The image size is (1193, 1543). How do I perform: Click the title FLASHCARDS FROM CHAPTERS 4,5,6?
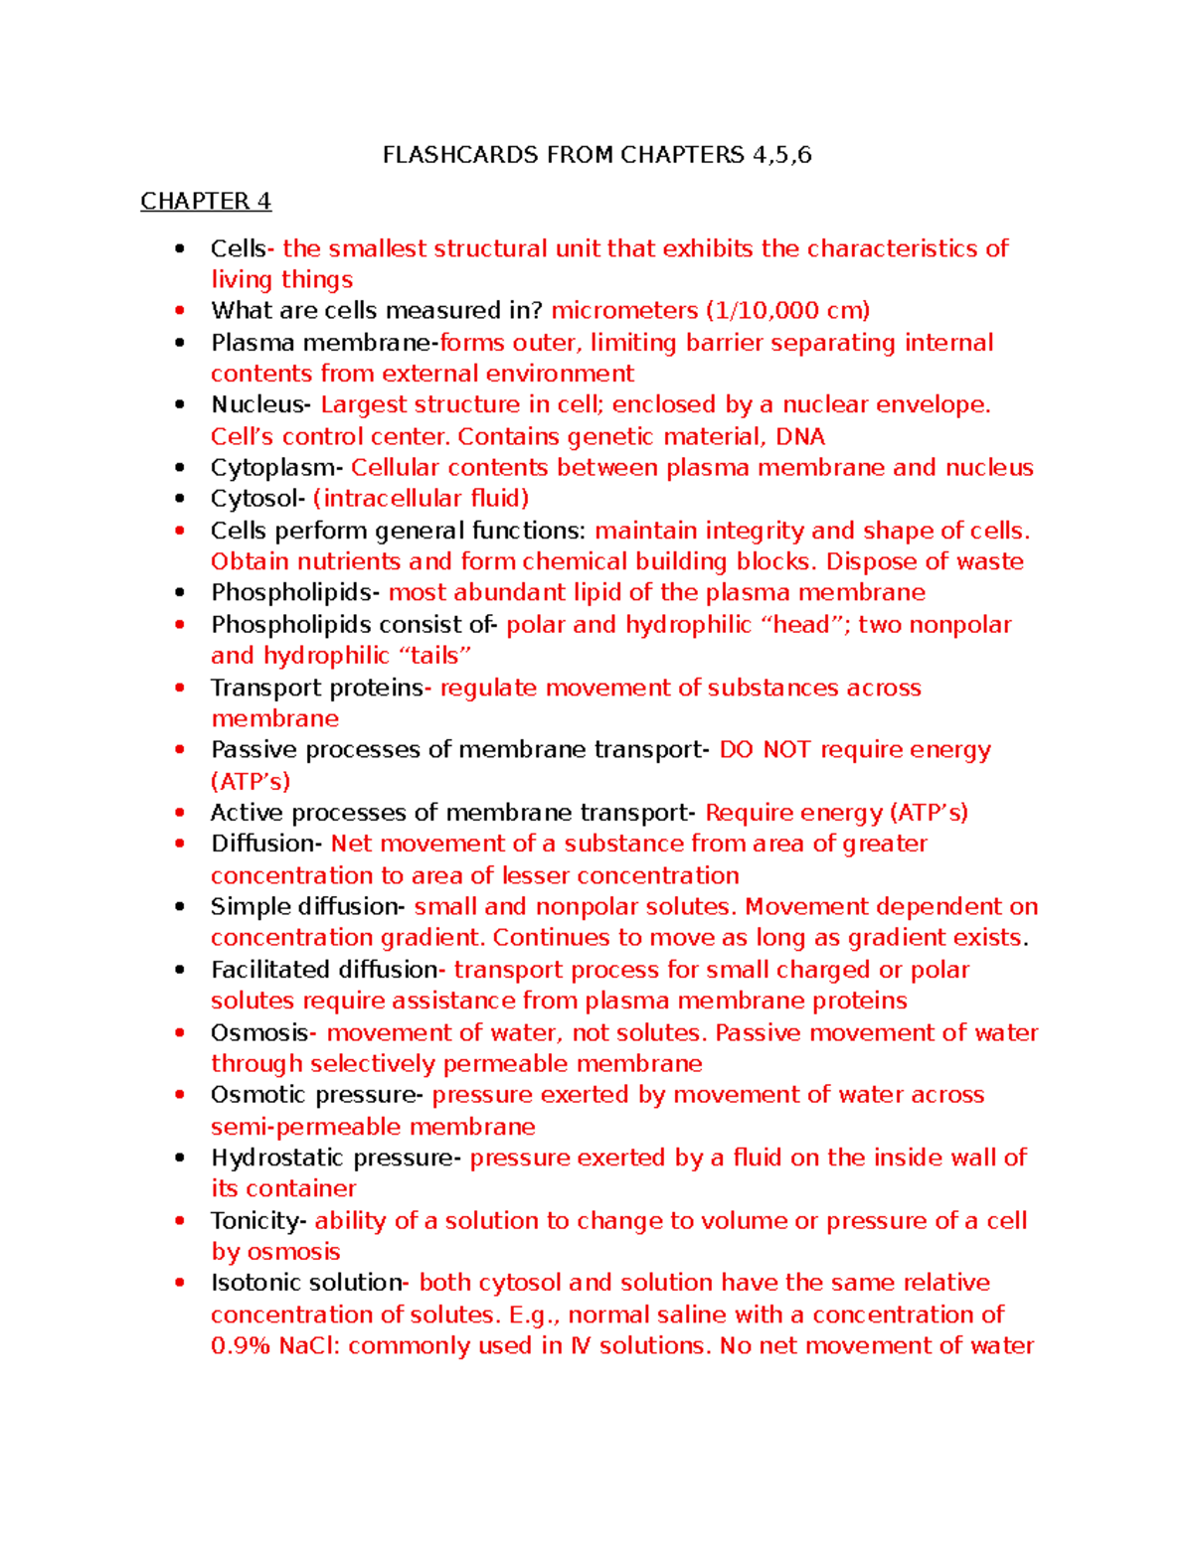tap(596, 155)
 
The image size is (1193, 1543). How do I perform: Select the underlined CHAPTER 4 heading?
tap(205, 202)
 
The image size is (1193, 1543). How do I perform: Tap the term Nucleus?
tap(257, 404)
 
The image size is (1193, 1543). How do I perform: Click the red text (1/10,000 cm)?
tap(787, 311)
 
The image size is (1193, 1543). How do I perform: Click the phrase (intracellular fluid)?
tap(421, 499)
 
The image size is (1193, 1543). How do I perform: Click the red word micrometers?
tap(624, 311)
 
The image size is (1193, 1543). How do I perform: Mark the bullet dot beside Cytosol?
tap(180, 499)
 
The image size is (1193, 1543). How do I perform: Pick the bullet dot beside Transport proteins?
tap(180, 688)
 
